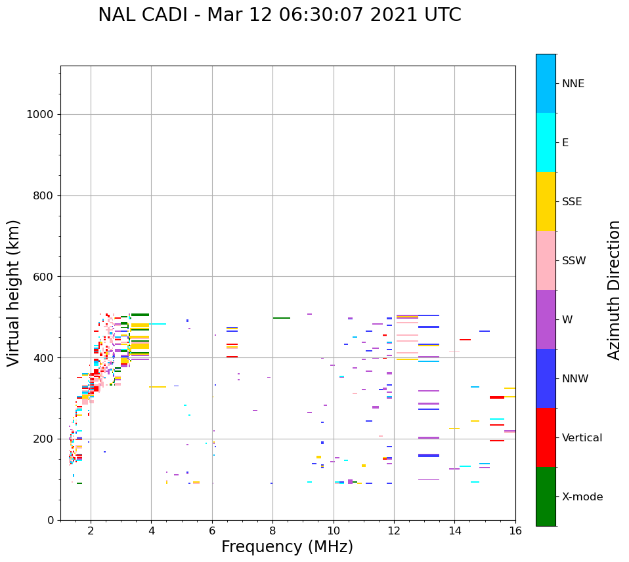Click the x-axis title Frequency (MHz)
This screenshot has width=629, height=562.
[287, 547]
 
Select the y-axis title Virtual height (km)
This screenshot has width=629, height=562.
[14, 292]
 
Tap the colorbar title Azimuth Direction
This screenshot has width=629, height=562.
[614, 290]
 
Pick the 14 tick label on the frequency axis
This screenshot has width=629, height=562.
[454, 530]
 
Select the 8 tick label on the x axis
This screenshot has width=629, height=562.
[272, 530]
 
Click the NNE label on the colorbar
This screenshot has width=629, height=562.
[573, 84]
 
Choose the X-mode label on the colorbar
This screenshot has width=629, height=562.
[582, 497]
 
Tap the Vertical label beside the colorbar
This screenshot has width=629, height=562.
[582, 438]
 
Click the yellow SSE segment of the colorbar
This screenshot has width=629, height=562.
[546, 201]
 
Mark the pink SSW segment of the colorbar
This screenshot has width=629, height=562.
[546, 260]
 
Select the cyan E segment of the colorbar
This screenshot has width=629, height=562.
[546, 142]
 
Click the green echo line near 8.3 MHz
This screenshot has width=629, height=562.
[282, 318]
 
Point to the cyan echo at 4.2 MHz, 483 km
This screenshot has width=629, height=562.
[158, 324]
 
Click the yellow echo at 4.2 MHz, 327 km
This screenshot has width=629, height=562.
[158, 387]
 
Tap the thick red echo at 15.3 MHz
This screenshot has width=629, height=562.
[497, 397]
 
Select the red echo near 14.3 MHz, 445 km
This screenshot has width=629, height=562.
[465, 340]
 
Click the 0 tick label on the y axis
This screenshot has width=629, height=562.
[51, 520]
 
